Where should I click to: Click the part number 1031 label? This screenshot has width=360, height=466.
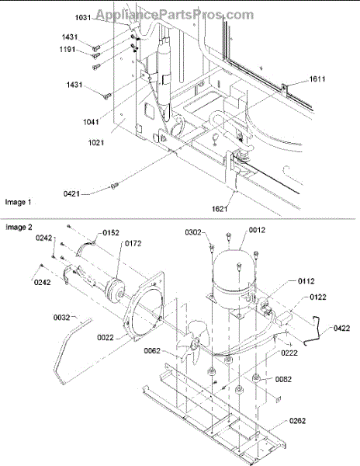click(x=83, y=18)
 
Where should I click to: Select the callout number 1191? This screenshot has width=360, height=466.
click(x=67, y=49)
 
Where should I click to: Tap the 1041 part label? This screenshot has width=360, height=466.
click(x=91, y=122)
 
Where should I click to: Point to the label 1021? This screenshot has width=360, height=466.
click(x=96, y=143)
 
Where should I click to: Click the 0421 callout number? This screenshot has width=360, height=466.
click(x=71, y=193)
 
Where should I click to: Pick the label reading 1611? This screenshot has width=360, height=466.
click(x=317, y=79)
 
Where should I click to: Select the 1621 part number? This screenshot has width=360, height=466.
click(x=220, y=209)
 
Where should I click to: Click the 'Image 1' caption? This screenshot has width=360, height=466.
click(x=18, y=203)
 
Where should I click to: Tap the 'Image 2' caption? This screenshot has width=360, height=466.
click(x=19, y=228)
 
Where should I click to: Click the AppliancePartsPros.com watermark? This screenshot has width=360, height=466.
click(x=175, y=14)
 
